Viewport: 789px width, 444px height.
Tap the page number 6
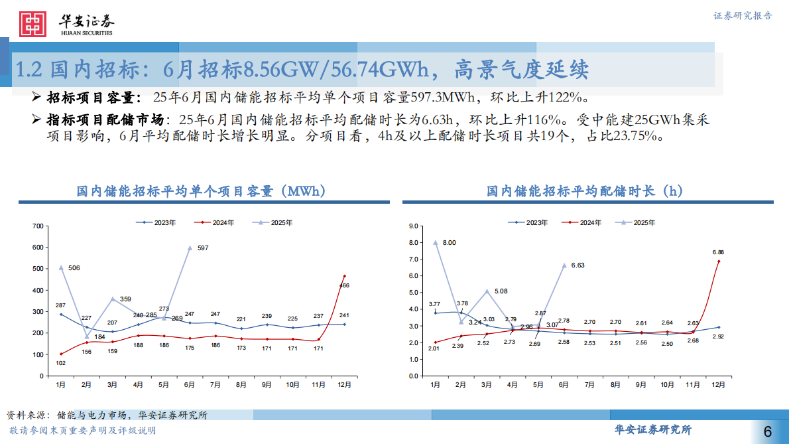[768, 431]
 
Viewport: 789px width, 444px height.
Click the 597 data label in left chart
[203, 248]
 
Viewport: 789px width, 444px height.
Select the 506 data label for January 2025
[74, 268]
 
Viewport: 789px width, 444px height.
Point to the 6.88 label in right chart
[718, 252]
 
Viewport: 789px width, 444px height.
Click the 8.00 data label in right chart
[450, 243]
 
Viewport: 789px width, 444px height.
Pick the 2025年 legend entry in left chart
[281, 223]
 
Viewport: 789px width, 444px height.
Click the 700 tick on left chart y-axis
[38, 227]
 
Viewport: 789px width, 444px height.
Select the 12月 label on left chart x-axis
[344, 385]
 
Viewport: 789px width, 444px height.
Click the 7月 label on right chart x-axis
[589, 385]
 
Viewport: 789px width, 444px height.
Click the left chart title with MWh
[200, 191]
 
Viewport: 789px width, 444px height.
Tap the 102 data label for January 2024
[60, 363]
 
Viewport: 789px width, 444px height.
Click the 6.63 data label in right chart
[576, 265]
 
